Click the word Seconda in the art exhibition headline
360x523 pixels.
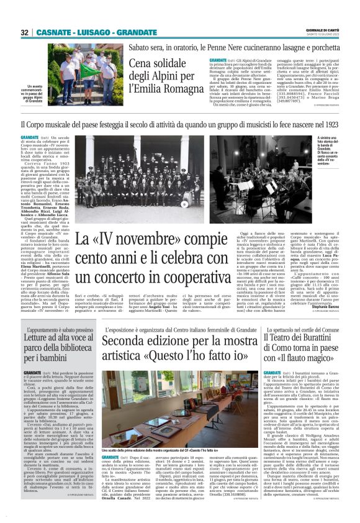coord(122,342)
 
